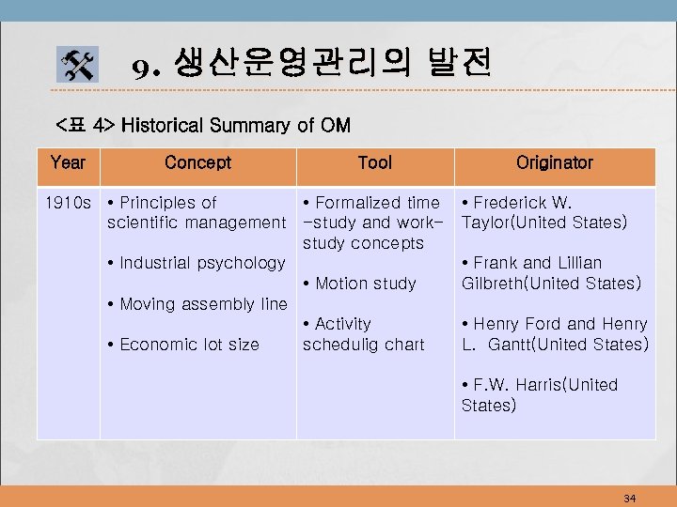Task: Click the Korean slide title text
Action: coord(310,65)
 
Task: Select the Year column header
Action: coord(68,163)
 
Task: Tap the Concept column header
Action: coord(197,163)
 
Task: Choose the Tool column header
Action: coord(375,163)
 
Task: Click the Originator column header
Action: coord(555,163)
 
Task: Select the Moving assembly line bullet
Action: coord(197,304)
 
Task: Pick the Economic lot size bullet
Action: coord(183,345)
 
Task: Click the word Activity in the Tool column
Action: coord(343,324)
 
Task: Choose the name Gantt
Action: coord(518,345)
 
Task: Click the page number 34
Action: coord(629,498)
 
